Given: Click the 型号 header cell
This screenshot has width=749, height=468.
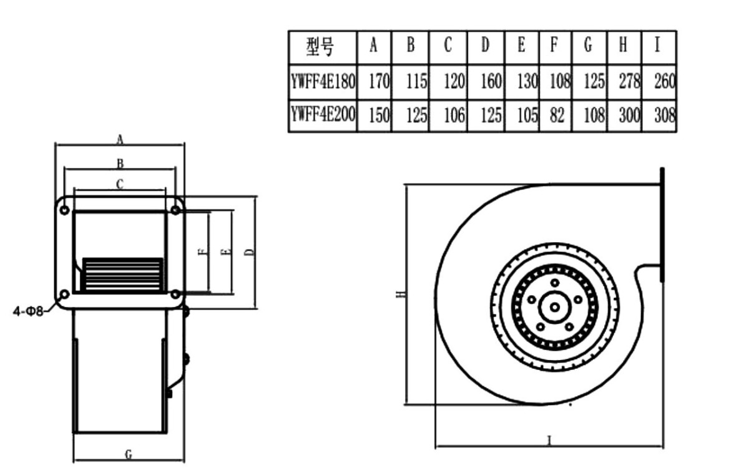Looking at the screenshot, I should pyautogui.click(x=321, y=46).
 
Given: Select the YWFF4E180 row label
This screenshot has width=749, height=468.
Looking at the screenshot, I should pyautogui.click(x=322, y=82).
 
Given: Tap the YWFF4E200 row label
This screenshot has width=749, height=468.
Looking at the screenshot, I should pyautogui.click(x=322, y=115).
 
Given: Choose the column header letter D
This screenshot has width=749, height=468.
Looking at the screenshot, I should pyautogui.click(x=485, y=46).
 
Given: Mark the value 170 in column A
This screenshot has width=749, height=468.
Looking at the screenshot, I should pyautogui.click(x=378, y=82).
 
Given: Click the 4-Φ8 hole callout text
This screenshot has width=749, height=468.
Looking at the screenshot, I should pyautogui.click(x=29, y=310).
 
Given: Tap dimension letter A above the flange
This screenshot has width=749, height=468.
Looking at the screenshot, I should pyautogui.click(x=120, y=140).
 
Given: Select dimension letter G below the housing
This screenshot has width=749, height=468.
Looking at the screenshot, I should pyautogui.click(x=129, y=455).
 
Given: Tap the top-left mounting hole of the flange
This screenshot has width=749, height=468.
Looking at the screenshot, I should pyautogui.click(x=64, y=210).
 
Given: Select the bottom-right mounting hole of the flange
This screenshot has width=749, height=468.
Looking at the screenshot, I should pyautogui.click(x=175, y=293).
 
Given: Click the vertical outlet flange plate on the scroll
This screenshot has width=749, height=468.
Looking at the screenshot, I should pyautogui.click(x=662, y=225).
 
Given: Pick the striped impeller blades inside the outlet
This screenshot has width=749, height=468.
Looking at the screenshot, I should pyautogui.click(x=122, y=275).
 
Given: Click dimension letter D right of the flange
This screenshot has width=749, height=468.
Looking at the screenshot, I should pyautogui.click(x=249, y=252).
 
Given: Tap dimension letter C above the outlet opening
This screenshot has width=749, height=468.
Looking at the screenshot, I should pyautogui.click(x=120, y=184).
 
